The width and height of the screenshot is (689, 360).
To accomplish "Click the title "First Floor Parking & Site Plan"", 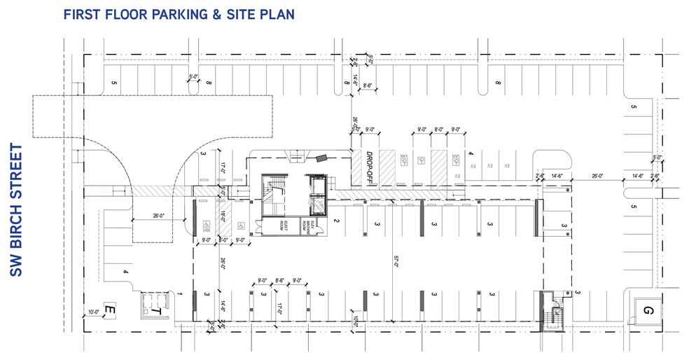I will click(x=179, y=14).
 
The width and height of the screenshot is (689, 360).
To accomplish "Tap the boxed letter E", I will click(x=109, y=308).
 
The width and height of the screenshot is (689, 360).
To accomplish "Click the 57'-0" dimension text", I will click(x=396, y=262).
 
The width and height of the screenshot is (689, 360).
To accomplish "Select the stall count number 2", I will click(x=337, y=222).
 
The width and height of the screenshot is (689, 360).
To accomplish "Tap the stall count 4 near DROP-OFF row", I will click(x=471, y=153).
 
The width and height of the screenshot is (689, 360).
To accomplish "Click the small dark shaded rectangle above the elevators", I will click(x=321, y=159).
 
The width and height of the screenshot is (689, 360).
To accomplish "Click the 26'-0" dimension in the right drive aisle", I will click(x=597, y=176).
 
